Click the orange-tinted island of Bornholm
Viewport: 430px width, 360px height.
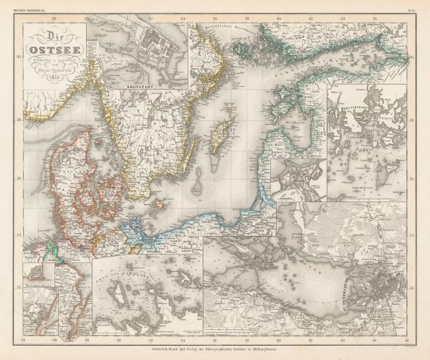click(177, 207)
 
